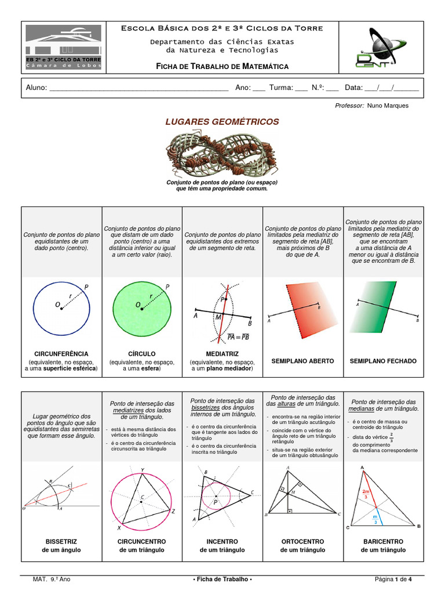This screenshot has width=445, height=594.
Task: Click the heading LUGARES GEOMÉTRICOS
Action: click(222, 122)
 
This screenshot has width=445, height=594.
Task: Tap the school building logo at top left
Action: click(64, 47)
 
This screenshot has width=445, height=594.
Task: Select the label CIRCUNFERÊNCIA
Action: click(61, 353)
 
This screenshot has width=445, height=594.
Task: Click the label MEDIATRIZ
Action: click(222, 353)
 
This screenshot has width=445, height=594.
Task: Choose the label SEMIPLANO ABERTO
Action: click(302, 361)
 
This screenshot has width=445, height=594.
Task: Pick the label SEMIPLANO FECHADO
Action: click(383, 361)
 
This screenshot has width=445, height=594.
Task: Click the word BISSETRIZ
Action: click(61, 541)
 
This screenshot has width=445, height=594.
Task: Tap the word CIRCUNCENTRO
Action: click(142, 541)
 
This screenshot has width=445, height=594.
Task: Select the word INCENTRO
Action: click(222, 541)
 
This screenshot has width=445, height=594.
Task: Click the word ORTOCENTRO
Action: click(302, 541)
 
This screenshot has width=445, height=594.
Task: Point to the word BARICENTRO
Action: click(383, 541)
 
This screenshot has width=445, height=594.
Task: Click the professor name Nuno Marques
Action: click(388, 106)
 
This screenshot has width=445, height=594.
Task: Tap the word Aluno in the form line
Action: click(35, 88)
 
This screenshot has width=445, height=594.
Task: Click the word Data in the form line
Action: click(353, 88)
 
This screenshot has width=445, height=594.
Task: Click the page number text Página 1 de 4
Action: click(393, 579)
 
